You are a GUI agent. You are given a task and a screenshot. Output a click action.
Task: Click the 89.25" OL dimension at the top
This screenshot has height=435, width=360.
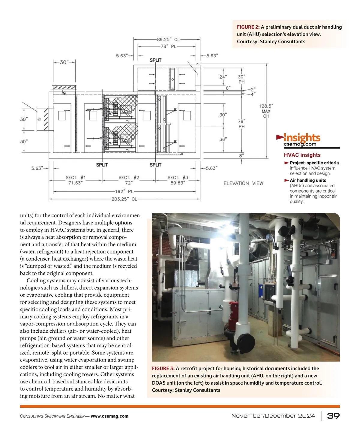[168, 39]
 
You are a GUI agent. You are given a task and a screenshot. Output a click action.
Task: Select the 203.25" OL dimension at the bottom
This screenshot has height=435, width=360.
[124, 199]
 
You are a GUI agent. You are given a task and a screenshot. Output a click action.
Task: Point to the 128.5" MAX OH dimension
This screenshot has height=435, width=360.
[266, 111]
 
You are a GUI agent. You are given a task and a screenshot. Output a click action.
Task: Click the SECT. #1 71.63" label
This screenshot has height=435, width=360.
[76, 180]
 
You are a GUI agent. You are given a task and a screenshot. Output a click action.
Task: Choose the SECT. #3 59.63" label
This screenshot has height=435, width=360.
[178, 180]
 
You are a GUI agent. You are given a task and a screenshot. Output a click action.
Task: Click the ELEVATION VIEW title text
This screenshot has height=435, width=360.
[243, 183]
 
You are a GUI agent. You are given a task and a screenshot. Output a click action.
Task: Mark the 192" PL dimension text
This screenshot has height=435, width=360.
[124, 191]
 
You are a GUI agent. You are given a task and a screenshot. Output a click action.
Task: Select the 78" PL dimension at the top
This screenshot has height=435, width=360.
[168, 46]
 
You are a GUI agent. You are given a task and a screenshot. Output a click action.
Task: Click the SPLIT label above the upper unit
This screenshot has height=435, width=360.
[155, 60]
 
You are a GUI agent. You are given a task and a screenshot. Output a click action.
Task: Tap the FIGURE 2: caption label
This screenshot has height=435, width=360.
[248, 27]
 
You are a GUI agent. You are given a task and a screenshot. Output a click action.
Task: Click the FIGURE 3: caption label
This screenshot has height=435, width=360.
[163, 368]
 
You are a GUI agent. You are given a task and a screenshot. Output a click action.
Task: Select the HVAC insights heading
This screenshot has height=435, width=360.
[302, 155]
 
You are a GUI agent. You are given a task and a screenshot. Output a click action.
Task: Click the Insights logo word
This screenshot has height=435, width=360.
[302, 138]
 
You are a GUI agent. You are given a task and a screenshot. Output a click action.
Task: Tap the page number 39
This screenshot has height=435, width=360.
[333, 416]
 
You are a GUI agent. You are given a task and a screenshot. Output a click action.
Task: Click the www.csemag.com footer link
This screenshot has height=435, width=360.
[109, 416]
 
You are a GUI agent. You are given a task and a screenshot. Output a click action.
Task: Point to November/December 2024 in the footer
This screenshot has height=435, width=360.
[273, 416]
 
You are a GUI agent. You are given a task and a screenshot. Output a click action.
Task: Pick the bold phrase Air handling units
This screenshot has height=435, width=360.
[308, 180]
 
